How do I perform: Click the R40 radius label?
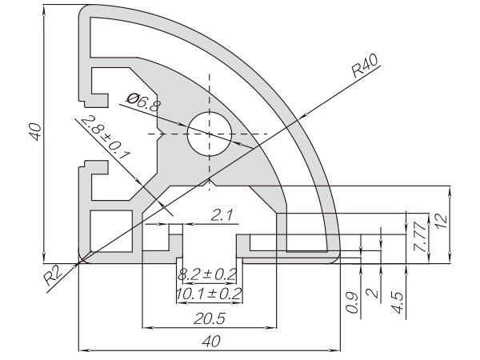pos(365,66)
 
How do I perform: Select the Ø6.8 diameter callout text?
pos(143,102)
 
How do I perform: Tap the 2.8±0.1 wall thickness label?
pos(106,137)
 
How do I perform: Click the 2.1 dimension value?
pos(222,215)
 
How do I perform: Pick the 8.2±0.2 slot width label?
pos(207,274)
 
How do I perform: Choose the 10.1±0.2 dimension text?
pos(209,294)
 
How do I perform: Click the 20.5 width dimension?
pos(210,318)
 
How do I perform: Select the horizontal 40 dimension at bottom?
pos(211,341)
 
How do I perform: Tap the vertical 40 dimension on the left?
pos(36,132)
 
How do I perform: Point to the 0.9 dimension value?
pos(352,303)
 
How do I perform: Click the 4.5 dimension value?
pos(398,303)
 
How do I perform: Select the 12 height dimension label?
pos(441,221)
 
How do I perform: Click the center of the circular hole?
pos(210,134)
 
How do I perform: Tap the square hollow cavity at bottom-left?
pos(112,231)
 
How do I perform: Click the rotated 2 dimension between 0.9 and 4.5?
pos(373,293)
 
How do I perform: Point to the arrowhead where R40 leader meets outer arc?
pos(302,117)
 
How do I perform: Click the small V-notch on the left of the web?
pos(161,134)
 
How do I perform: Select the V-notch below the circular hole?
pos(210,182)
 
